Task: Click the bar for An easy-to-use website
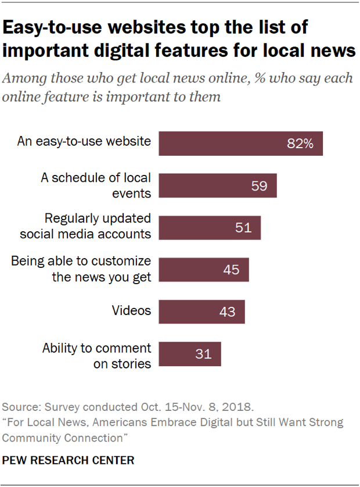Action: [240, 144]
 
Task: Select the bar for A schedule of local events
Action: [218, 185]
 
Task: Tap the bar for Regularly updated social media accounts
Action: [210, 227]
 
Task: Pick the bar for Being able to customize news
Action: [204, 270]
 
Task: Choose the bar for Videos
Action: [201, 311]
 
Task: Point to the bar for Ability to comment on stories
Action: [190, 354]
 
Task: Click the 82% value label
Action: [300, 144]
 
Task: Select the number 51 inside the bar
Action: [243, 228]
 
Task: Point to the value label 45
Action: [231, 270]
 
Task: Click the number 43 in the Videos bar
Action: [228, 312]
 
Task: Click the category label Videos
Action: [131, 311]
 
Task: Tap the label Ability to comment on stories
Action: [97, 356]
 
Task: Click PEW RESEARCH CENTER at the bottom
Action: [69, 460]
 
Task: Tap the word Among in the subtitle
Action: [29, 78]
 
